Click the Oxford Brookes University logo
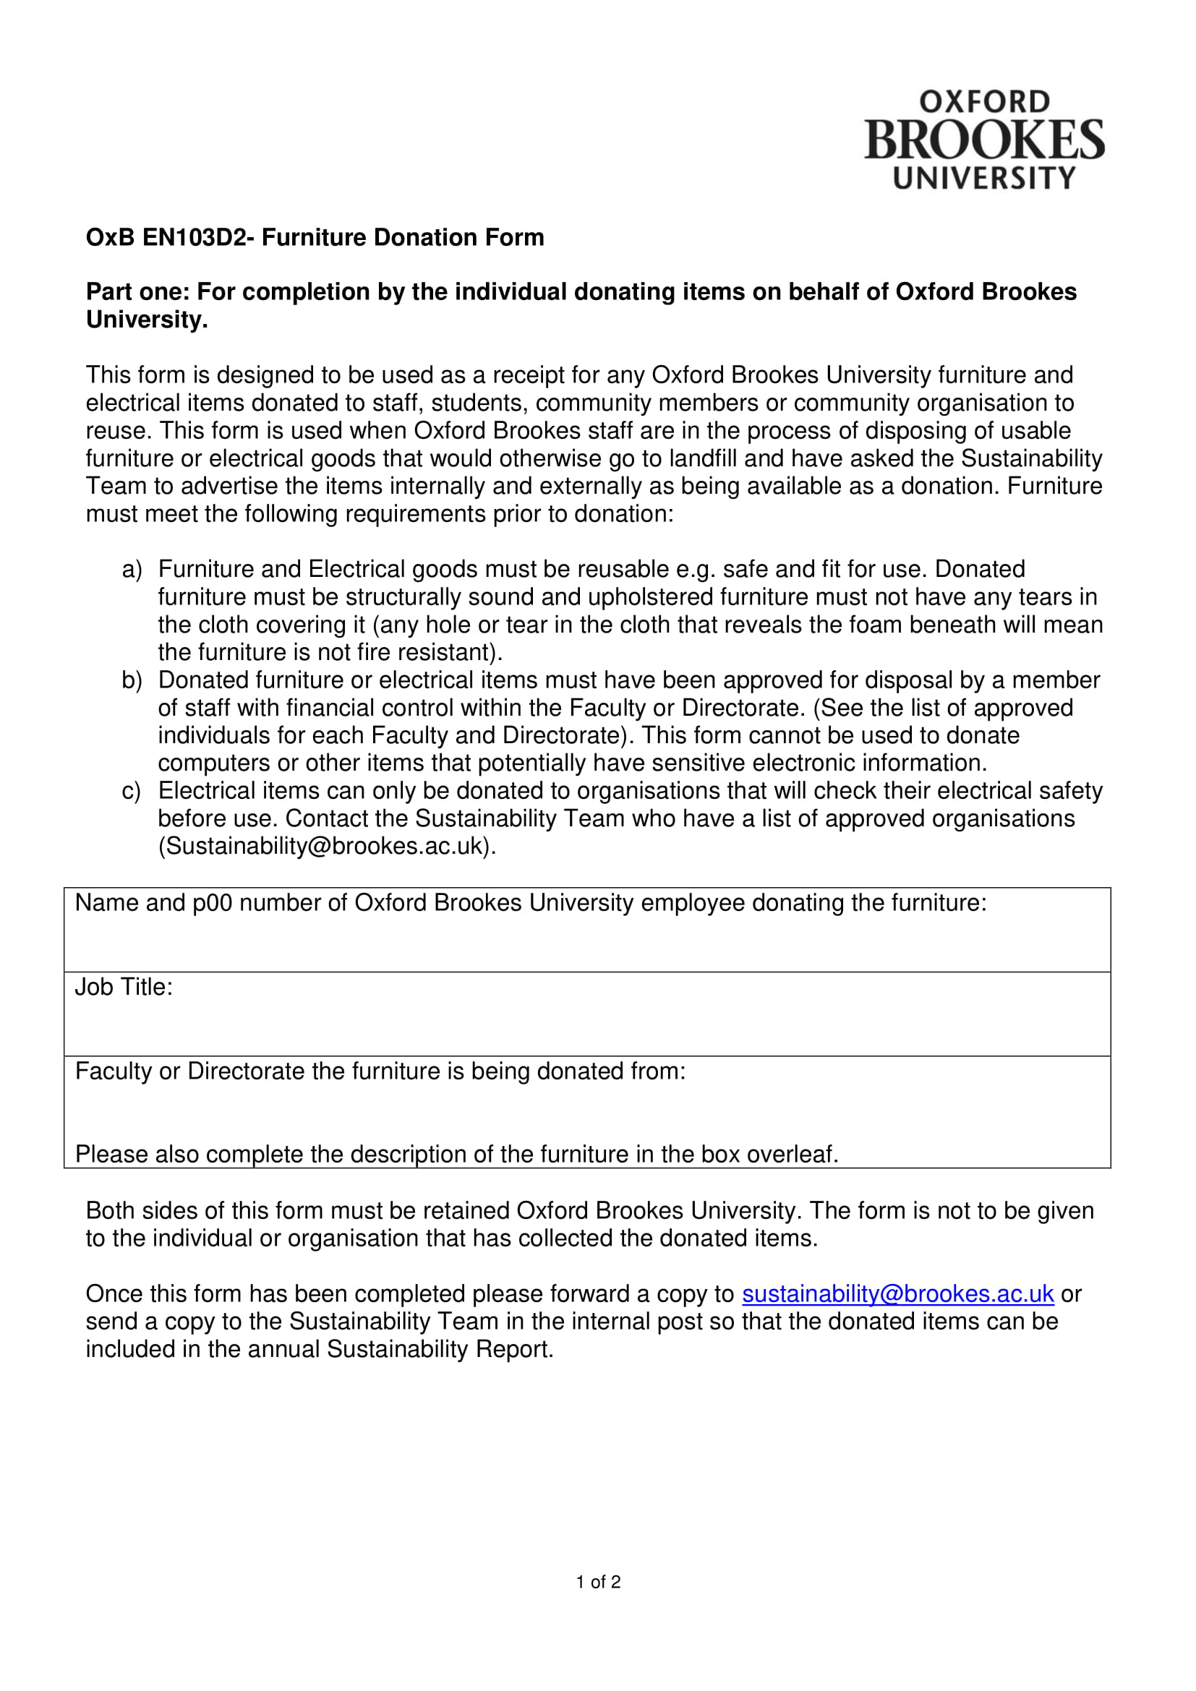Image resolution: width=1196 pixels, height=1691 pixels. (984, 140)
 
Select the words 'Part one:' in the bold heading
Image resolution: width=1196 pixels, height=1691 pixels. (137, 292)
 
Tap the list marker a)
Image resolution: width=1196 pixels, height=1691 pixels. (131, 569)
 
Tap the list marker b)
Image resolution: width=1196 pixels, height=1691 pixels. (131, 680)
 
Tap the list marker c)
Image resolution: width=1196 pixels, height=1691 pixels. (131, 791)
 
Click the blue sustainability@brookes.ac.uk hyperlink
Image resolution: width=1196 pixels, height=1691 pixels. (897, 1294)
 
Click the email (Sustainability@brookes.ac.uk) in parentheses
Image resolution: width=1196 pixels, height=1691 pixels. (327, 847)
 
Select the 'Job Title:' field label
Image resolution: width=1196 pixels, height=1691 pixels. (124, 987)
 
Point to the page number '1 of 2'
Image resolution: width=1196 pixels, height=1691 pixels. (598, 1582)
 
